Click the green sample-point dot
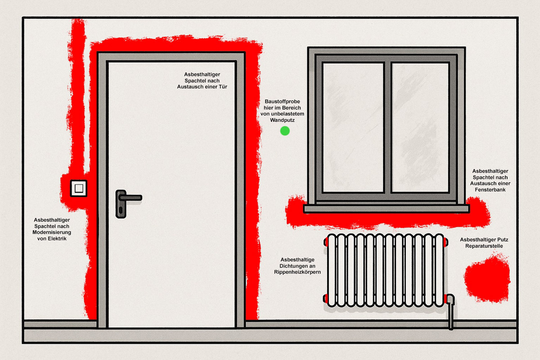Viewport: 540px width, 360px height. [284, 131]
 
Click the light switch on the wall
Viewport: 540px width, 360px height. [78, 188]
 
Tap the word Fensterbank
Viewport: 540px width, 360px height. [490, 190]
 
